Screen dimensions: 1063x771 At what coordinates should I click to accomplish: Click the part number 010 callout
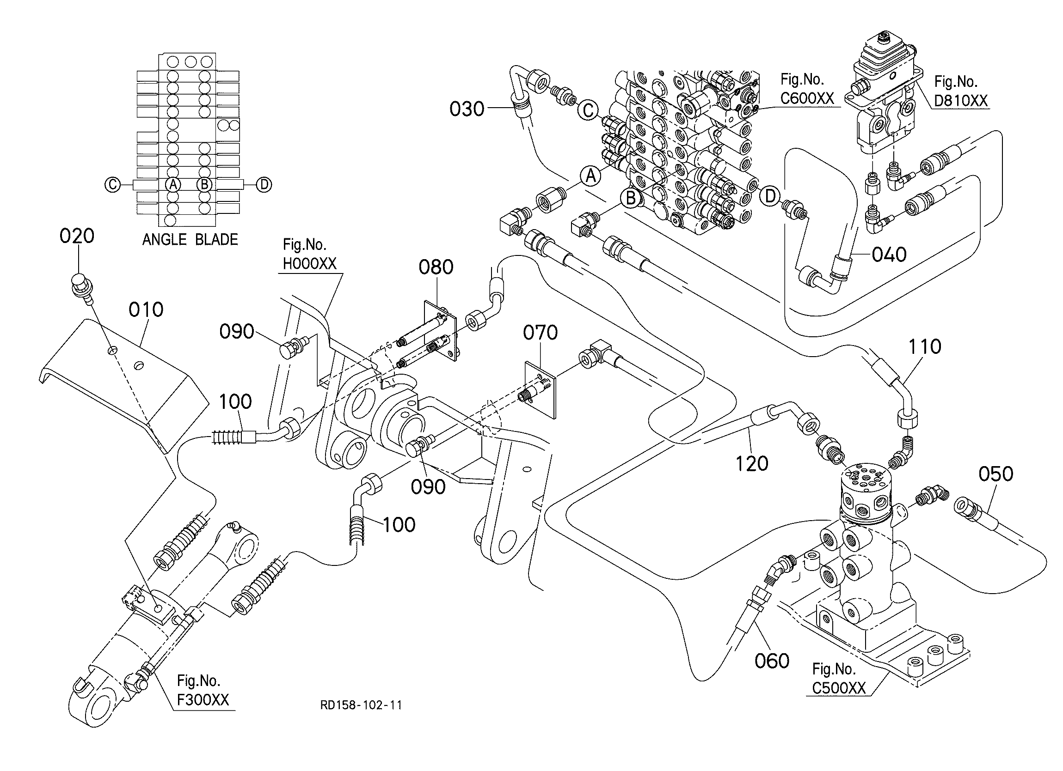146,310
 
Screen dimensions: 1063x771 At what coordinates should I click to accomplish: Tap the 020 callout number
77,236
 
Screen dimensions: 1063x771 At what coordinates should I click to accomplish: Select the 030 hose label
467,109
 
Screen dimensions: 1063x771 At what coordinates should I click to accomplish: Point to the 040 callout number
889,255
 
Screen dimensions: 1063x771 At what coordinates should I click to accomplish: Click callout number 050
996,474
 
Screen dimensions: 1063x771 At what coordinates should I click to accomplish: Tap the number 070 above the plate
541,333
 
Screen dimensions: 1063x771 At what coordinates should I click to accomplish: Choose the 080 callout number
436,267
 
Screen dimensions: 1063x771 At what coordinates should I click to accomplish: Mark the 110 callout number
925,347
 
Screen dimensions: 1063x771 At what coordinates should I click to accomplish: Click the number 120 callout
752,464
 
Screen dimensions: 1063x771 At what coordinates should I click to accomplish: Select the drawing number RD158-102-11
361,705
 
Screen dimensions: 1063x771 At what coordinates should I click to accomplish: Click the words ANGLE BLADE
190,240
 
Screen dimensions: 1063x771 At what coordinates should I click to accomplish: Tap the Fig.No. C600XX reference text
807,89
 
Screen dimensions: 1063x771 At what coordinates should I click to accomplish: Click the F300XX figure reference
203,700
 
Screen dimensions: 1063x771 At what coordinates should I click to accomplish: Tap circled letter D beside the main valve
770,196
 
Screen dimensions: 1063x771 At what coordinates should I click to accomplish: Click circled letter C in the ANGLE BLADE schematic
112,185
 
